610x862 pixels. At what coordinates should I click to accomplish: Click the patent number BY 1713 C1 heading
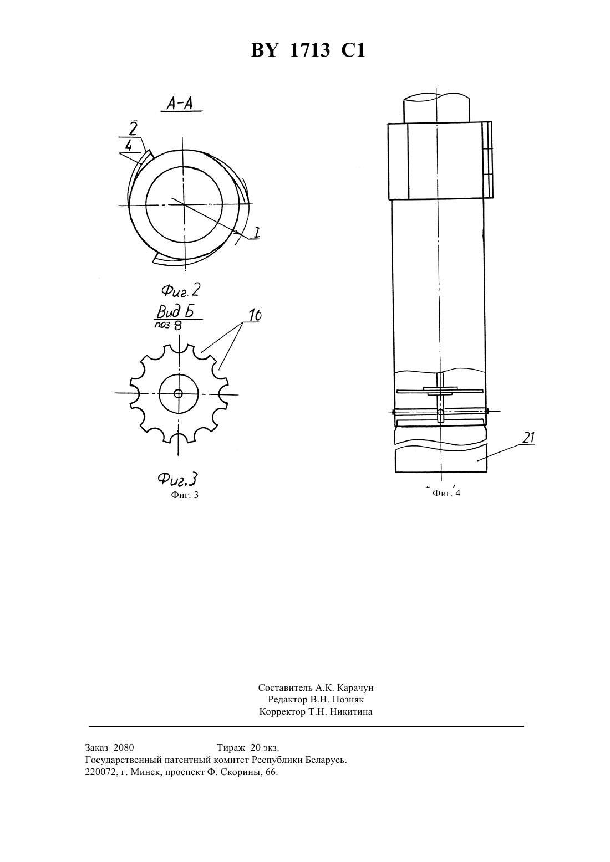(x=308, y=50)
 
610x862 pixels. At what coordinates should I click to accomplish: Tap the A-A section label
(x=180, y=103)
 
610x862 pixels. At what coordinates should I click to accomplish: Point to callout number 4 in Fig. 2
(x=128, y=146)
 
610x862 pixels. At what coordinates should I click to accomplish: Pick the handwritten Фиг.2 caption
(x=180, y=290)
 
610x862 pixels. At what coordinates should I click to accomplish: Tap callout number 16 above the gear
(x=255, y=315)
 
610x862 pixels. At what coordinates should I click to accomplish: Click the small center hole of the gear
(x=179, y=394)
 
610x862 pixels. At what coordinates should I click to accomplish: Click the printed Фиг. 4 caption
(x=446, y=494)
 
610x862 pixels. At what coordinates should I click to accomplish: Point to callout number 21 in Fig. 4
(x=528, y=438)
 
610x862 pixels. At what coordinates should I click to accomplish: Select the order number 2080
(x=124, y=747)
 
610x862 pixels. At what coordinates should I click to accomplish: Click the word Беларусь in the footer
(x=327, y=760)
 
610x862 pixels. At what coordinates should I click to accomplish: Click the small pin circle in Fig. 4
(x=440, y=413)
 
